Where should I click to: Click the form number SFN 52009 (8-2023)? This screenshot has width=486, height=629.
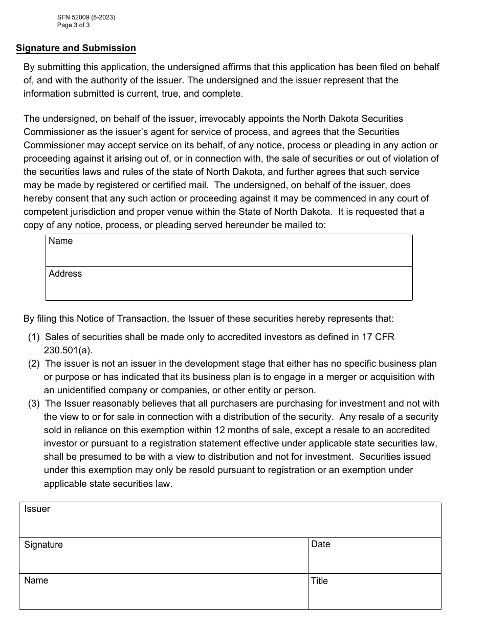(x=86, y=17)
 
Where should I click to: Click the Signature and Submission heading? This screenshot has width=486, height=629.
(x=76, y=48)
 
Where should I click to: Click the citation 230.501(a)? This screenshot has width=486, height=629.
(x=68, y=350)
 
